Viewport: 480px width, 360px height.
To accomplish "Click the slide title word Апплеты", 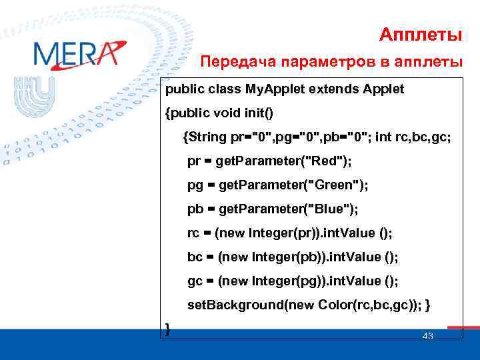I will tap(421, 33).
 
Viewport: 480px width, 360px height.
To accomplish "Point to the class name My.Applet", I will tap(270, 89).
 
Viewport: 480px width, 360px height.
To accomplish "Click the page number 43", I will tap(428, 336).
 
